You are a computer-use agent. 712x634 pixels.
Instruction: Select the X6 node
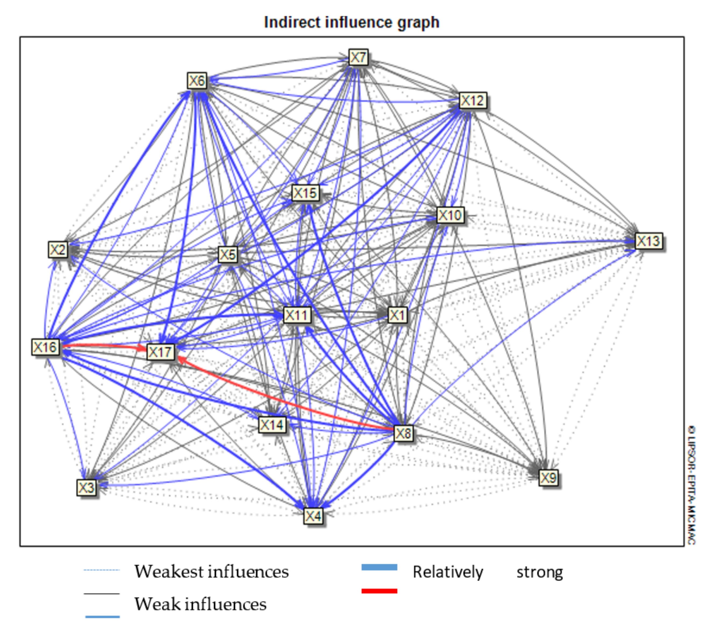pyautogui.click(x=197, y=81)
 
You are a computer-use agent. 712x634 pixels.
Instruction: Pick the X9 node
pyautogui.click(x=548, y=477)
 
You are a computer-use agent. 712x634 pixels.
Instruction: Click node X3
pyautogui.click(x=86, y=487)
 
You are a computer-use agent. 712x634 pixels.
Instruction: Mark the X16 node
pyautogui.click(x=45, y=347)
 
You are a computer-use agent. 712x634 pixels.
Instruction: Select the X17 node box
pyautogui.click(x=160, y=352)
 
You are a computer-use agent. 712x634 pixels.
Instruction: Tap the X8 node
pyautogui.click(x=403, y=434)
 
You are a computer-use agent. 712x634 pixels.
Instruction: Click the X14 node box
pyautogui.click(x=272, y=425)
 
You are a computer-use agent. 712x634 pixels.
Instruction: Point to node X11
pyautogui.click(x=297, y=315)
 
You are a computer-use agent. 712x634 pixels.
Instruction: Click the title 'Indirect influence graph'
pyautogui.click(x=351, y=22)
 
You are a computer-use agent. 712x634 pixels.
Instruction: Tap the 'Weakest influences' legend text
pyautogui.click(x=211, y=572)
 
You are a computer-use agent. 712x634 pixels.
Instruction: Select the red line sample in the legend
pyautogui.click(x=379, y=591)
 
